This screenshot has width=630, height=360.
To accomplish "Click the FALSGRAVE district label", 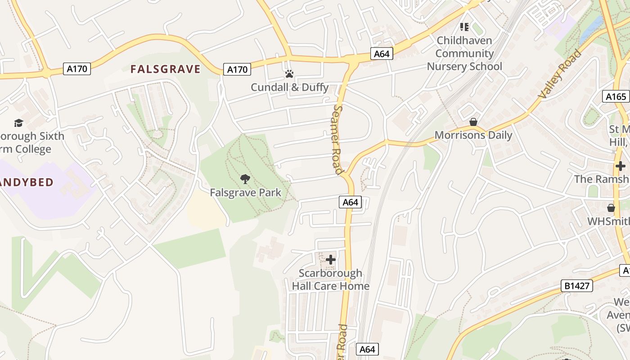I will (165, 69).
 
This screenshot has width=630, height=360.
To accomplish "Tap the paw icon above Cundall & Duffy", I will (289, 74).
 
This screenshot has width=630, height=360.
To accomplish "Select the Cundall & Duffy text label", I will (289, 87).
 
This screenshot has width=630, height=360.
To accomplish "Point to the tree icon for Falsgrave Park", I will (245, 180).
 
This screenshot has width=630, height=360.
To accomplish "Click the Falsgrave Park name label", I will (245, 193).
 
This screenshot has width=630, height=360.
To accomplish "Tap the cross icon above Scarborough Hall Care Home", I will (331, 260).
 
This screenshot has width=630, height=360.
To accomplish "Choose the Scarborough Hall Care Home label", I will (331, 279).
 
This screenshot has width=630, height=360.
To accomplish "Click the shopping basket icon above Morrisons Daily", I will (473, 122).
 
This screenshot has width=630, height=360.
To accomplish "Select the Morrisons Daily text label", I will (473, 135).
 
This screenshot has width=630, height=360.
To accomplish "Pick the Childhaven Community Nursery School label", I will (464, 53).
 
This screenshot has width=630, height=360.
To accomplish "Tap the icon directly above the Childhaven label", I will (464, 27).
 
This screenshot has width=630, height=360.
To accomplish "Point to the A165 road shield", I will (616, 96).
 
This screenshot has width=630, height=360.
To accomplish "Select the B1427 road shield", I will (577, 286).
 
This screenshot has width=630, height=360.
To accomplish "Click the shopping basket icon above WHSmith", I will (611, 208).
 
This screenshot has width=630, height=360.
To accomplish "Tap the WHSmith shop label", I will (608, 221).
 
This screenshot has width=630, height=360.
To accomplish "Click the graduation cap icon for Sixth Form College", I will (18, 123).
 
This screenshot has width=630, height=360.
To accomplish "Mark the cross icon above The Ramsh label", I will (621, 166).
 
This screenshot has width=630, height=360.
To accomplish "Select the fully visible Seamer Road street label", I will (338, 139).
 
